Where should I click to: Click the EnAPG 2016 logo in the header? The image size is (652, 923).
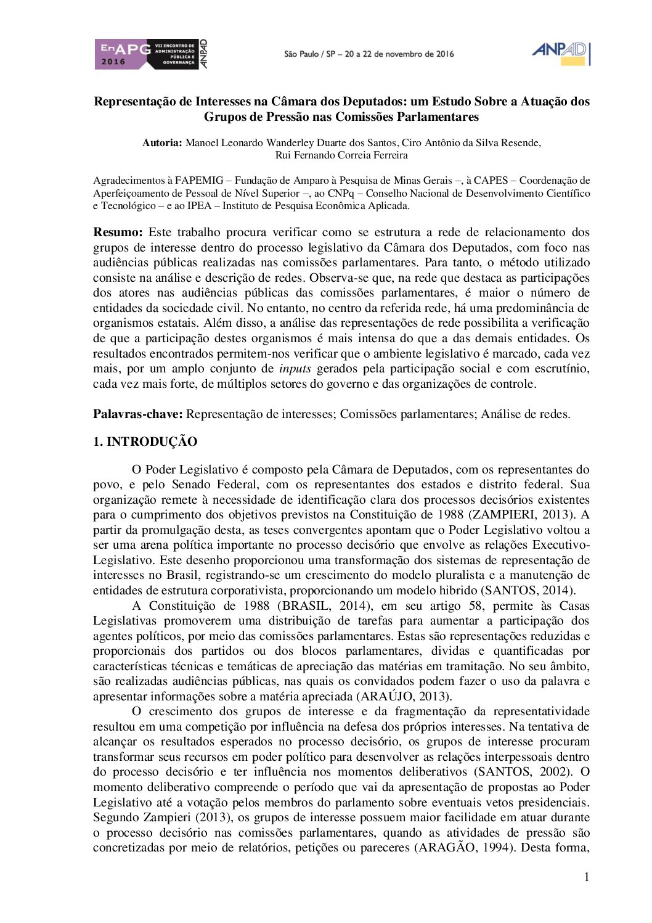150,54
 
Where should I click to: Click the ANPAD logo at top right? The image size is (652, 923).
560,53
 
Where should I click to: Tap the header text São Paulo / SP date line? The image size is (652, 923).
369,54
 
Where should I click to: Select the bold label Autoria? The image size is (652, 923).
162,143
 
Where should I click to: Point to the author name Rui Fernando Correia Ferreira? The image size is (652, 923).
341,155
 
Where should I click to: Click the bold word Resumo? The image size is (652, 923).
118,232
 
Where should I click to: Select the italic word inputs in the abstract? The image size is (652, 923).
295,369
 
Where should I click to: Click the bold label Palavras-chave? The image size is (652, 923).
137,414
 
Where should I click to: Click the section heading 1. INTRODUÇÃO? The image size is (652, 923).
145,442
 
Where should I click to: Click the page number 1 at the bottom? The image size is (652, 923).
587,877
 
